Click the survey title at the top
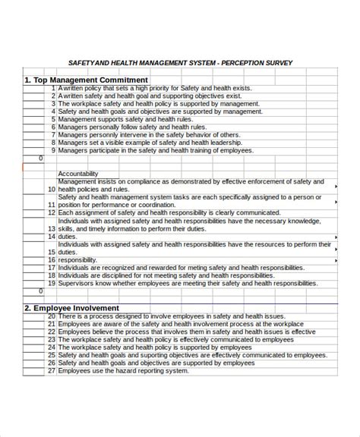[180, 63]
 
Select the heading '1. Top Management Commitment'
[86, 80]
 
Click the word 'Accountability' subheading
[78, 174]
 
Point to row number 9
[52, 149]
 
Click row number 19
[52, 283]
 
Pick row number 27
[52, 371]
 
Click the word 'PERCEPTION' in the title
[237, 63]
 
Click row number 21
[52, 324]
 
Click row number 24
[52, 347]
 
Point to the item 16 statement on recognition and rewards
[171, 268]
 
